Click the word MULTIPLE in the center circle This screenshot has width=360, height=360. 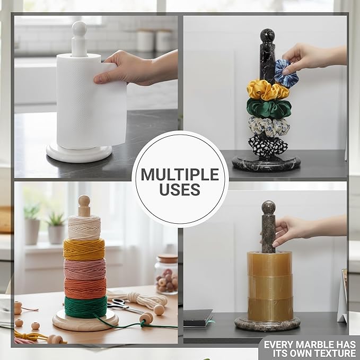[180, 174]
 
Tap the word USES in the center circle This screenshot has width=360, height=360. [180, 189]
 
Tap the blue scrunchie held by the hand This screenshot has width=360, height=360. [286, 74]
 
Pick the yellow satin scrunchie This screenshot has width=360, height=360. [268, 90]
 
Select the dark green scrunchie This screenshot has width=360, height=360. [269, 109]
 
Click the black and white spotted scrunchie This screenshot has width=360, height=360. [268, 146]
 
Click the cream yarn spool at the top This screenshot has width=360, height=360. [84, 227]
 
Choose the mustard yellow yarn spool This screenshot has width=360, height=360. [84, 249]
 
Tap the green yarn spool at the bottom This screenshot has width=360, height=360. [86, 307]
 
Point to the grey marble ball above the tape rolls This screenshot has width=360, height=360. [268, 207]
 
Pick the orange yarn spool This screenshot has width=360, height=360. [85, 288]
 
